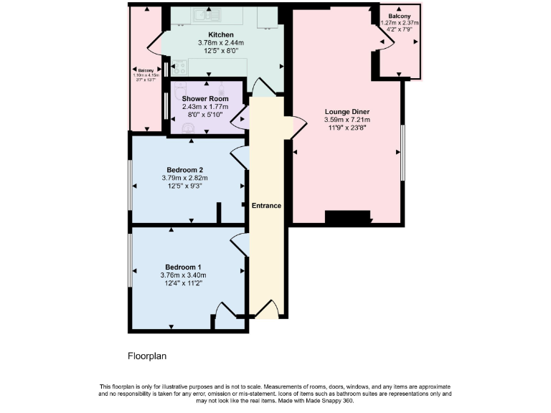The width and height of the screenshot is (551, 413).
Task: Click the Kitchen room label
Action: (x=221, y=34)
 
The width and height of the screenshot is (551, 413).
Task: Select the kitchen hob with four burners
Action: (x=180, y=67)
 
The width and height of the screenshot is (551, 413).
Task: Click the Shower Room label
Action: (x=205, y=98)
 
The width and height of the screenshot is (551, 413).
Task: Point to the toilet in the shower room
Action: (x=189, y=128)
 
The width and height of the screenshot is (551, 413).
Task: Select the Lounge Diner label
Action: (x=347, y=112)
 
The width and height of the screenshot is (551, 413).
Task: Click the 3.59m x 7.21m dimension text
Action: (x=347, y=120)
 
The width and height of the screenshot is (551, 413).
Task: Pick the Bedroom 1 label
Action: (x=183, y=267)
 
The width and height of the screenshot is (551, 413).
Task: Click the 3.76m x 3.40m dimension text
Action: (x=183, y=275)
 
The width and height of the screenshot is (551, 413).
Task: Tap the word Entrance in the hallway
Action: (x=266, y=206)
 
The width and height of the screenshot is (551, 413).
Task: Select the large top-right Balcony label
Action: (x=400, y=16)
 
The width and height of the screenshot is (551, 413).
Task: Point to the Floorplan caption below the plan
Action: (x=147, y=355)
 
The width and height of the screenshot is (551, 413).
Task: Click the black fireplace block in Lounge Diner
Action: (x=347, y=217)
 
